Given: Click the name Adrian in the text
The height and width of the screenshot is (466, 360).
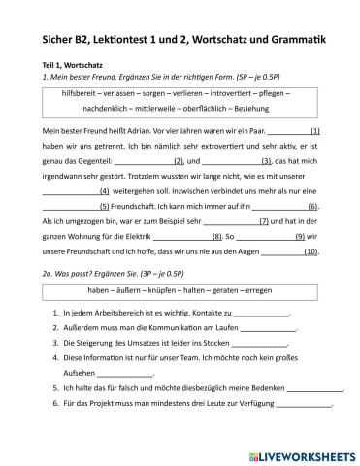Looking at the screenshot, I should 135,131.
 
